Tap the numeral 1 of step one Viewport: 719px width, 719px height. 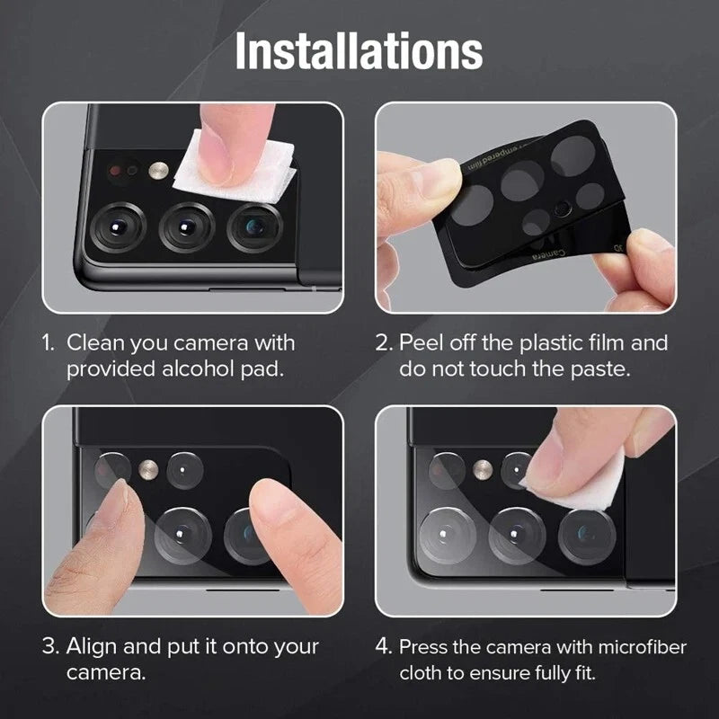click(48, 342)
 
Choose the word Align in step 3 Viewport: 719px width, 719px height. click(93, 646)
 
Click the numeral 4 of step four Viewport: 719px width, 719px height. click(384, 646)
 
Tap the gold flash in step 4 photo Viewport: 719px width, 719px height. click(484, 467)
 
